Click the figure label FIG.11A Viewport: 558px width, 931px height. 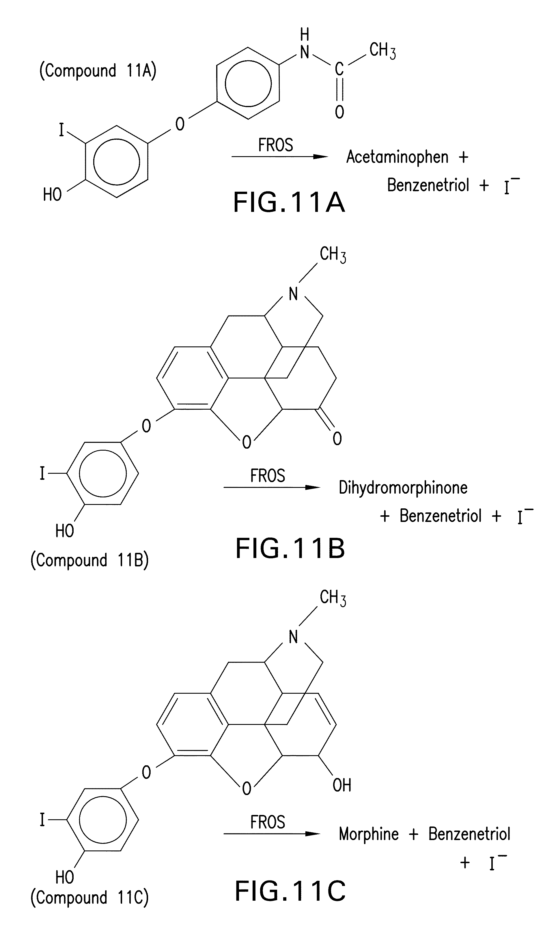click(289, 202)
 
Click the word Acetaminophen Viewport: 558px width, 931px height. click(397, 157)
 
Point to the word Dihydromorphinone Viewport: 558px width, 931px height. click(403, 488)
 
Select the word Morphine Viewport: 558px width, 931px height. click(369, 834)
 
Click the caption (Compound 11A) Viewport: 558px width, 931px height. click(98, 71)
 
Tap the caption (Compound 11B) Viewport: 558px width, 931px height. click(89, 560)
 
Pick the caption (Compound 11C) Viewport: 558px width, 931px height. click(89, 898)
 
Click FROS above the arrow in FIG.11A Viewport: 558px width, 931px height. click(275, 145)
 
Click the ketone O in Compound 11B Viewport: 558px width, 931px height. click(337, 439)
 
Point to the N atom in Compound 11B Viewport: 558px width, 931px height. click(293, 294)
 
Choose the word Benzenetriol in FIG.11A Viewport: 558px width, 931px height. click(428, 185)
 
